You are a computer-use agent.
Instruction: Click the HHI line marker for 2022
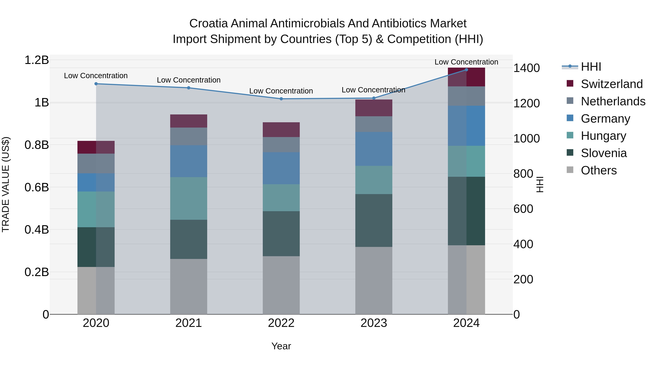tap(281, 99)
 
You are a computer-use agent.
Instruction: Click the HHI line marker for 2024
tap(466, 70)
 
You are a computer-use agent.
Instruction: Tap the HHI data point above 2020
tap(96, 84)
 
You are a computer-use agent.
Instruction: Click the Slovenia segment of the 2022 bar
tap(281, 234)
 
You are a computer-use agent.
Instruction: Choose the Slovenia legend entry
tap(604, 153)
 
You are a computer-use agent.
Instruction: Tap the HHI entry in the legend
tap(591, 67)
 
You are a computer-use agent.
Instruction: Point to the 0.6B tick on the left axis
tap(37, 188)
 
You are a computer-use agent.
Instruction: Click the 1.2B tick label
tap(37, 60)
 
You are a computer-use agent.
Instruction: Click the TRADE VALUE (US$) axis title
tap(6, 184)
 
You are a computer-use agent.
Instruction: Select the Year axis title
tap(281, 346)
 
